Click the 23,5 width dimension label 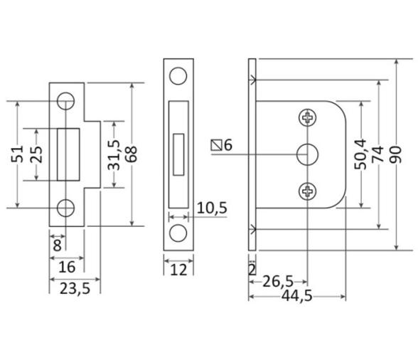point(75,289)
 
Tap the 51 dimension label point(18,154)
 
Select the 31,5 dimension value point(114,155)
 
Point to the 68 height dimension point(132,154)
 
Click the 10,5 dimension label point(212,208)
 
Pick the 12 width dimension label point(178,270)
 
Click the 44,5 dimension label point(297,296)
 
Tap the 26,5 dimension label point(278,282)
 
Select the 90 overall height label point(395,154)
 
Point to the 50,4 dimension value point(361,154)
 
